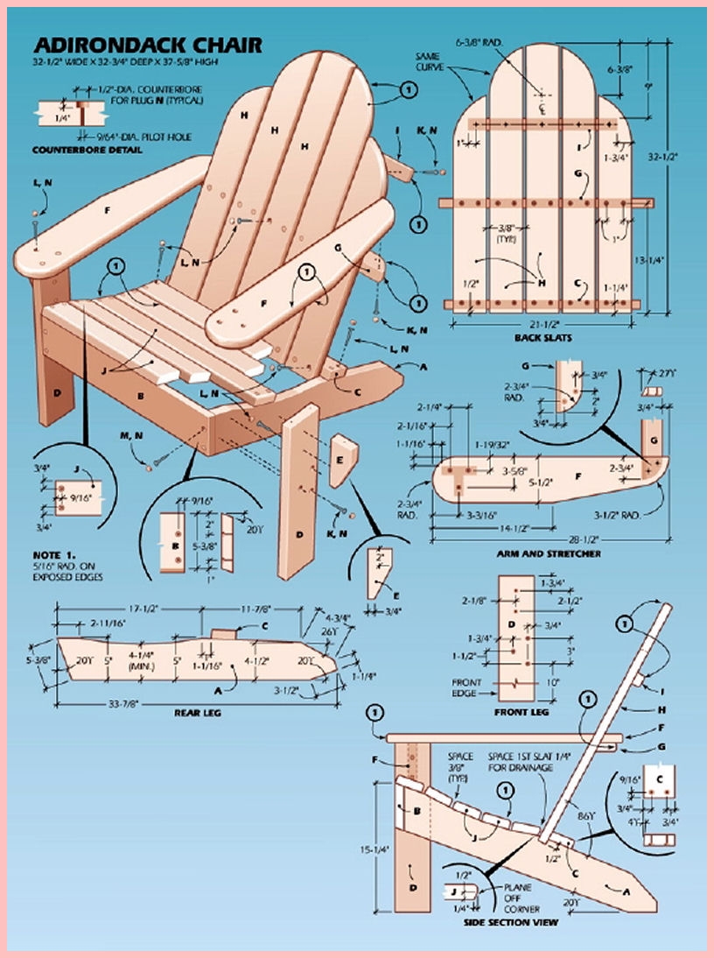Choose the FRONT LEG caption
pos(521,713)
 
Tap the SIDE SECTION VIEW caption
pos(510,921)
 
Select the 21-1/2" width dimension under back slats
pos(540,324)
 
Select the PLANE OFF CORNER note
pos(515,896)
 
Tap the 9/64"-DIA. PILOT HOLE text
pos(140,136)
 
